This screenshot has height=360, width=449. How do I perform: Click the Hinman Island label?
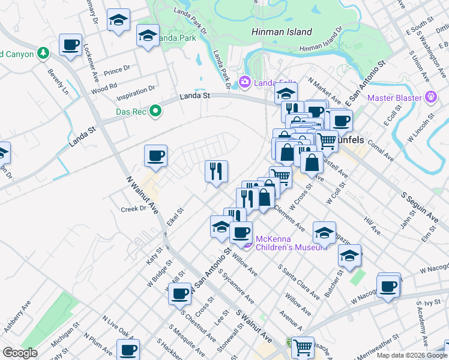(x=282, y=32)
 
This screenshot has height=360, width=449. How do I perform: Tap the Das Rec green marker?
(x=155, y=110)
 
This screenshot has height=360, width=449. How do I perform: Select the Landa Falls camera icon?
(x=244, y=82)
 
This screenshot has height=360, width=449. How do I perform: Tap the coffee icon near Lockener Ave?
(x=70, y=45)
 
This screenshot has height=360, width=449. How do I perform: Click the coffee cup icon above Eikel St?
(x=155, y=157)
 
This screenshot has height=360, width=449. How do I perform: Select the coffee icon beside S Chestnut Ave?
(x=179, y=294)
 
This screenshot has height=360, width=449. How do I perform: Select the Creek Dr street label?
(x=134, y=209)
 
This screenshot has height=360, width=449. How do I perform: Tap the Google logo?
(x=20, y=353)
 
